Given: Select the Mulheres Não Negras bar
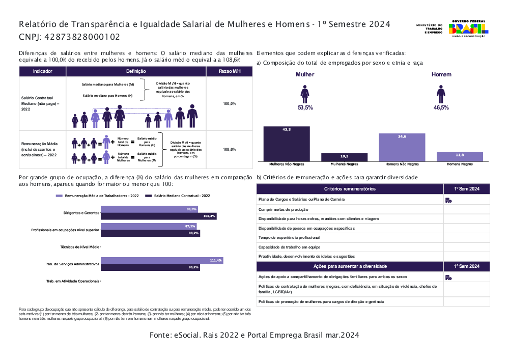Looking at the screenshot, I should pos(287,144).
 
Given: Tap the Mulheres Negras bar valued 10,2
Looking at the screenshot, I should pos(344,157).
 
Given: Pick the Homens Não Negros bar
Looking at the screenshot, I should pos(402,148).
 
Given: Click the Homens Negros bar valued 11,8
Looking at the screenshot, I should pos(460,156).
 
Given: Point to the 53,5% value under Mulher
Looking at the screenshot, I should pos(305,107).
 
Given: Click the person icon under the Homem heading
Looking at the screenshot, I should pos(441,94).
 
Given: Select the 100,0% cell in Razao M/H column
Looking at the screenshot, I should pos(230,103).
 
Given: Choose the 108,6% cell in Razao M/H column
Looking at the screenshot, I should pos(230,150).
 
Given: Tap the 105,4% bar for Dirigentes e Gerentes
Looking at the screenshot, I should pos(159,216).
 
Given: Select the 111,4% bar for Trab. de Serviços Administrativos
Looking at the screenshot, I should pos(162,260).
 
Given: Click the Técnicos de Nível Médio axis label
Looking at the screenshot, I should pos(80,246).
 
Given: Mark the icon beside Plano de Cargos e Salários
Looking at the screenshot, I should pos(448,200).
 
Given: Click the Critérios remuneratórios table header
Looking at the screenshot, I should pos(350,189).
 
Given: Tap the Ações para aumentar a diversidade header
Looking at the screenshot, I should pos(350,266).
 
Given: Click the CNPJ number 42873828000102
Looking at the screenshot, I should pos(82,37).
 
